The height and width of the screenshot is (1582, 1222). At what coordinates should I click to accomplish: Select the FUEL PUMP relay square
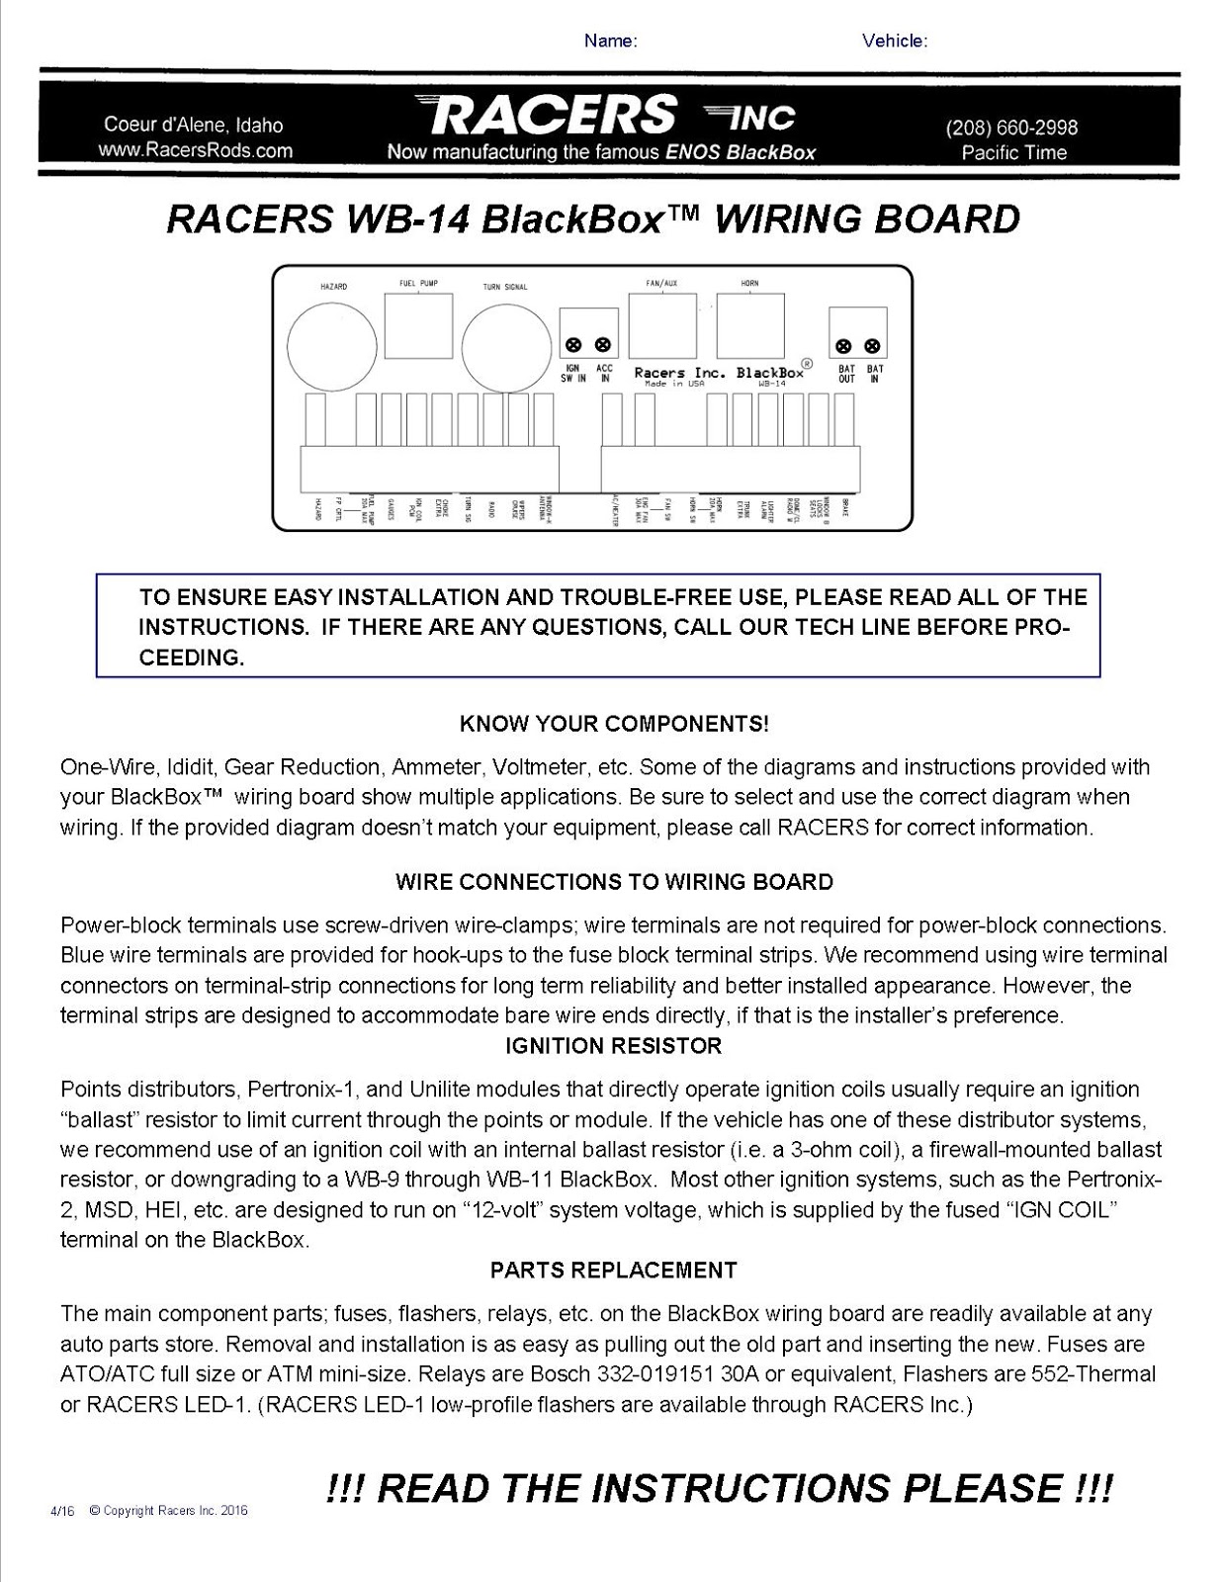coord(418,325)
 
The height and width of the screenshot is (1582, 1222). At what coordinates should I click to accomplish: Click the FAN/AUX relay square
coord(661,325)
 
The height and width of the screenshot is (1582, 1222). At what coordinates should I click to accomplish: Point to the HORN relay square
coord(750,325)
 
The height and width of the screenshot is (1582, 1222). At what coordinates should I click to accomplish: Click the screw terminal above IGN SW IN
coord(573,346)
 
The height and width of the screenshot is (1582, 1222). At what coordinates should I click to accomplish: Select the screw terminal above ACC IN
coord(603,346)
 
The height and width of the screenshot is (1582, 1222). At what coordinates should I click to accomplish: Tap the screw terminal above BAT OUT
coord(844,346)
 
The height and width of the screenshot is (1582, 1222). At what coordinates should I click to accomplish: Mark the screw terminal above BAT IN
coord(872,346)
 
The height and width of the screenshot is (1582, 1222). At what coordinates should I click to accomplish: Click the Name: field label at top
coord(610,41)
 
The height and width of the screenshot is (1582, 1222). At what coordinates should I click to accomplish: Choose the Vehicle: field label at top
coord(895,41)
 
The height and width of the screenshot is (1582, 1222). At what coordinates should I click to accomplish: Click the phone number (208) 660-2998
coord(1011,128)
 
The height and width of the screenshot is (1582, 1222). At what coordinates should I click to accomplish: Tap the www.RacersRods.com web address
coord(195,150)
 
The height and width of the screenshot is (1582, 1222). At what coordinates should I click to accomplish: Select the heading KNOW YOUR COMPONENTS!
coord(613,724)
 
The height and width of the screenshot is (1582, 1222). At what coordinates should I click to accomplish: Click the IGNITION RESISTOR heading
coord(613,1045)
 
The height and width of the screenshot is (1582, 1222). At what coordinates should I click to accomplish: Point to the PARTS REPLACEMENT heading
coord(613,1270)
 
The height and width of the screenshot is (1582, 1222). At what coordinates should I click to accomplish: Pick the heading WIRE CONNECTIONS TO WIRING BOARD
coord(613,882)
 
